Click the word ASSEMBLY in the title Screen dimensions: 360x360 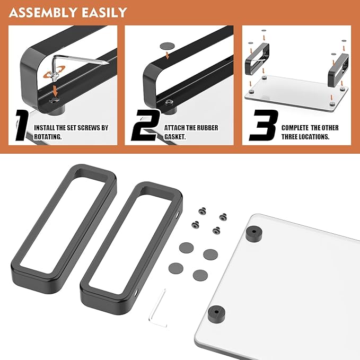tap(43, 13)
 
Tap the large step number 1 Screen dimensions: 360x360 tap(22, 126)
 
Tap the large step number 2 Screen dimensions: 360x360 tap(145, 126)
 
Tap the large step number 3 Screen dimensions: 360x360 tap(264, 126)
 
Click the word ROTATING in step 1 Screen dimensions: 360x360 tap(48, 137)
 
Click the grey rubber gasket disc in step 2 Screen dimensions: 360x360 tap(166, 46)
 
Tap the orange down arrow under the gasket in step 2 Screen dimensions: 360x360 tap(168, 55)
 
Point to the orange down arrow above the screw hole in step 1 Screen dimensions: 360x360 tap(55, 91)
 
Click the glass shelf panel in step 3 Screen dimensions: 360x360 tap(296, 92)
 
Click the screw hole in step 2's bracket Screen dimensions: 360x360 tap(169, 101)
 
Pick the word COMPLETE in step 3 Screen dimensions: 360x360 tap(295, 128)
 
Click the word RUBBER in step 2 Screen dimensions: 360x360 tap(206, 128)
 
